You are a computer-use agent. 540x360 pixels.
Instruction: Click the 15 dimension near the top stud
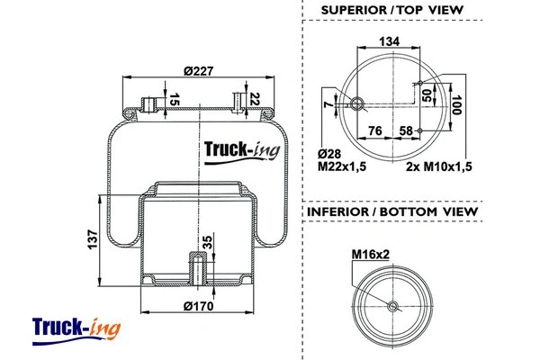coord(175,98)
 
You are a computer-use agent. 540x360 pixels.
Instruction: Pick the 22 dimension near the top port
coord(256,98)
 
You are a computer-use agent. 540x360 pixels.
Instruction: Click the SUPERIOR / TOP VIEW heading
coord(391,10)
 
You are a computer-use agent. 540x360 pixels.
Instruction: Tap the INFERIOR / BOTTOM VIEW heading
coord(392,211)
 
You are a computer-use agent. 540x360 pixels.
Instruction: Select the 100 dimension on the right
coord(456,107)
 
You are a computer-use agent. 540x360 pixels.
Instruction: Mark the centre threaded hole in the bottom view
coord(391,307)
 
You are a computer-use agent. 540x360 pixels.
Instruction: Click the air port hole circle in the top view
coord(357,103)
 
